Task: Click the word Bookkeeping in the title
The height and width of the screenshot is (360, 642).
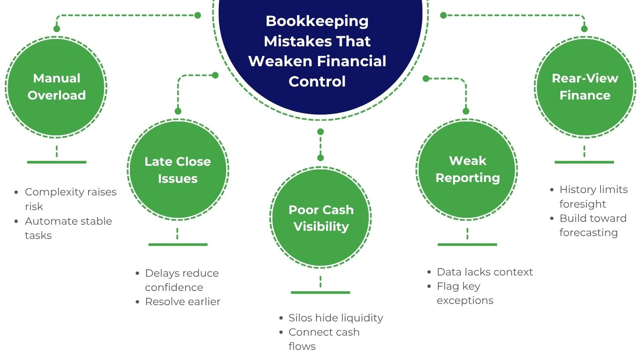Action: click(317, 22)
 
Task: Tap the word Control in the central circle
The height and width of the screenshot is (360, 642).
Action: click(317, 81)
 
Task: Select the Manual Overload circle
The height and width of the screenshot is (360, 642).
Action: click(56, 87)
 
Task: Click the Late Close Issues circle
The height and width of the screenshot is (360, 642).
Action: click(178, 169)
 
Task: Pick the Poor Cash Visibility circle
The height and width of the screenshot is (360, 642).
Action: click(321, 217)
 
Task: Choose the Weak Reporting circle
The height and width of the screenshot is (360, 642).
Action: click(467, 169)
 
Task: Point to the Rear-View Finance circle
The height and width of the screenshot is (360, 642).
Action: click(585, 87)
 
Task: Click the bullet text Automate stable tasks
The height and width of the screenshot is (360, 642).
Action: click(68, 228)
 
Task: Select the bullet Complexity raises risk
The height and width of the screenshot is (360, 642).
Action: click(71, 199)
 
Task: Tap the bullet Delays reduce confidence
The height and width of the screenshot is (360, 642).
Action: click(182, 280)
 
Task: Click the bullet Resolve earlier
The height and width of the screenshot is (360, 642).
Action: click(183, 301)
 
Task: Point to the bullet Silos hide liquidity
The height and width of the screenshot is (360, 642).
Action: click(335, 318)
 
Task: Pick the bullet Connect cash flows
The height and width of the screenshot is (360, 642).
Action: click(324, 339)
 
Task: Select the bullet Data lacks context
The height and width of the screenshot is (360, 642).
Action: click(485, 272)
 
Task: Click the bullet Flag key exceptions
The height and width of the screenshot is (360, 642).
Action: click(465, 293)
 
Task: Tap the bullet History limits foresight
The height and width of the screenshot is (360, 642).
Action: click(594, 197)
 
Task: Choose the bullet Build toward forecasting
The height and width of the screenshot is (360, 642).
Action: click(593, 226)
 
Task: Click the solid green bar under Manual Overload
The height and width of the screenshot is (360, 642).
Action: click(57, 162)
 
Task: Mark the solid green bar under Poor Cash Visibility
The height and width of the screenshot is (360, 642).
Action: click(320, 293)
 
